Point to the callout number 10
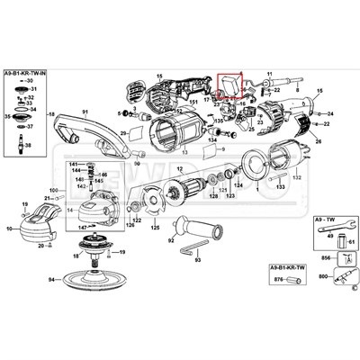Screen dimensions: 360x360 click(x=10, y=229)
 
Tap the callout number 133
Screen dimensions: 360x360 click(x=282, y=190)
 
